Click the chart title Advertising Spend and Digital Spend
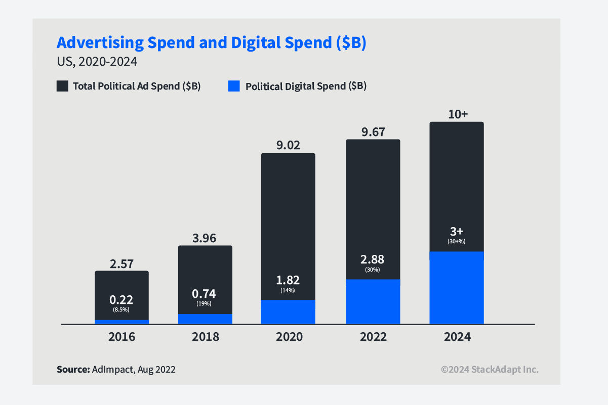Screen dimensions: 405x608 coord(211,43)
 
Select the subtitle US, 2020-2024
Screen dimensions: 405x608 coord(97,62)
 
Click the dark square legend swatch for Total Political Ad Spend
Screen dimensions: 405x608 coord(62,86)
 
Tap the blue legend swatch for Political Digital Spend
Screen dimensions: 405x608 coord(233,86)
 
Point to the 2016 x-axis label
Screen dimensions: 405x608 coord(121,337)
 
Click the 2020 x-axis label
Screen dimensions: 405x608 coord(289,337)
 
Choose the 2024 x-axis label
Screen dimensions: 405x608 coord(457,337)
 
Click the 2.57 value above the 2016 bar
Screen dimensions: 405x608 coord(121,263)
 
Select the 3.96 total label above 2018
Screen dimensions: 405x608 coord(205,238)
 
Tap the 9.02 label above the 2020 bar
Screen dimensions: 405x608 coord(288,146)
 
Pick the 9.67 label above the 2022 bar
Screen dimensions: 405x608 coord(373,132)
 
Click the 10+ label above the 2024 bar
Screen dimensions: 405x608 coord(457,114)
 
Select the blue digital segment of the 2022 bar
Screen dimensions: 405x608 coord(373,301)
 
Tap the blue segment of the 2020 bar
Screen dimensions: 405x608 coord(288,311)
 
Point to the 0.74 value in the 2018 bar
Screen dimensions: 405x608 coord(205,294)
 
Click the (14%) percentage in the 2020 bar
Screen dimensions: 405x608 coord(288,290)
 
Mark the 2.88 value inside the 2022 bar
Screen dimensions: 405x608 coord(373,260)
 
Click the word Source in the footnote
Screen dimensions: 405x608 coord(73,370)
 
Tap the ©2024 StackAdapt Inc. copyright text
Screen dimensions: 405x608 coord(490,370)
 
